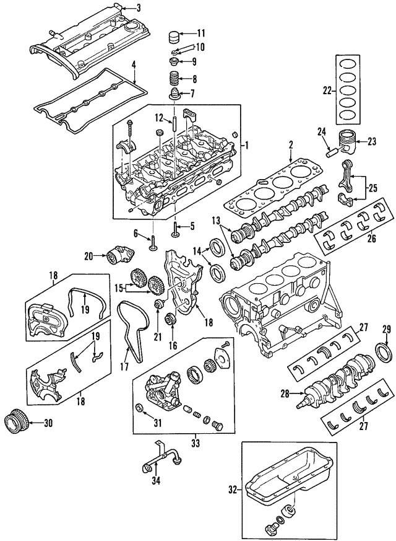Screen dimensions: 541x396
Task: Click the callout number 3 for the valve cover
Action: point(139,8)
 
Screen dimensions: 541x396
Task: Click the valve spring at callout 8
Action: point(173,80)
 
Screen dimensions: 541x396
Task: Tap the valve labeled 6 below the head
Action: point(150,241)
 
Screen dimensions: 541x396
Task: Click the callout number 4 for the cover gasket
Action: point(134,64)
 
